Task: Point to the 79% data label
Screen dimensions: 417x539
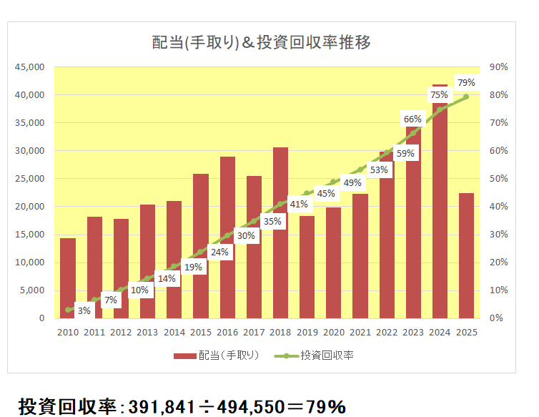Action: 465,83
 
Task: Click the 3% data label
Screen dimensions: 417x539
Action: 84,310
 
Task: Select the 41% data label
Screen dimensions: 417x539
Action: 299,205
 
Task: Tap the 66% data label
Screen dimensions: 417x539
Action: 412,119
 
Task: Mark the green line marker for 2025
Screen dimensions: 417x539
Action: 466,97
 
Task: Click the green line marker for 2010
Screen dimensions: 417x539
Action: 68,310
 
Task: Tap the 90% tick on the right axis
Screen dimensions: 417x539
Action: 498,67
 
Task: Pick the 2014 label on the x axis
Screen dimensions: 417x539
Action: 174,332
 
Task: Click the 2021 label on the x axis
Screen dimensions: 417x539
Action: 360,332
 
